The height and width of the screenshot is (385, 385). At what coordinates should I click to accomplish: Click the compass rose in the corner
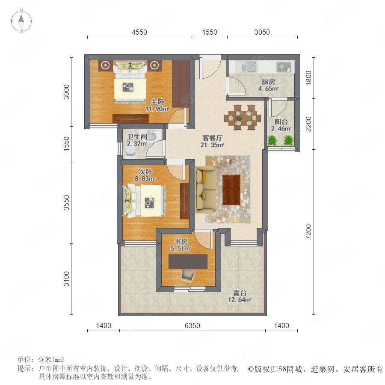point(21,21)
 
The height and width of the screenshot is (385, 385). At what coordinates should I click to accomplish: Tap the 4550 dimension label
point(139,32)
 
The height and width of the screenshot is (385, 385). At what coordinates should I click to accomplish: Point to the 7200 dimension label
point(308,231)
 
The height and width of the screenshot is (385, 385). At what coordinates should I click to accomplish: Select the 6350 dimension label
point(192,326)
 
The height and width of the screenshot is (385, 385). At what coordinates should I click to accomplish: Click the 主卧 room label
point(157,102)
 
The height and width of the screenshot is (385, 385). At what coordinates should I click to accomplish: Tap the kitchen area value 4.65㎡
point(268,89)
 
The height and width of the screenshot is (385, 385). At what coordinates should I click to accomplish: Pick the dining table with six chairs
point(240,117)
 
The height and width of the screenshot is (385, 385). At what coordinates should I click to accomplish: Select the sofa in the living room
point(205,190)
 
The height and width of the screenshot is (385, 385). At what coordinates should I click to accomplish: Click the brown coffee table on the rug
point(231,190)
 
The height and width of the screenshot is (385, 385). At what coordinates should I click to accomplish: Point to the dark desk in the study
point(188,261)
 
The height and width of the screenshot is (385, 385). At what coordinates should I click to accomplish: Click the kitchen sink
point(249,67)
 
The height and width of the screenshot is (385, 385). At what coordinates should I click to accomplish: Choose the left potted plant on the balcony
point(272,141)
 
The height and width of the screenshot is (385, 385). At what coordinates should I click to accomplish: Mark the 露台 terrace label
point(240,293)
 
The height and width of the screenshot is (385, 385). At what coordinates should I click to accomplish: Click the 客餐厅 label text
point(212,138)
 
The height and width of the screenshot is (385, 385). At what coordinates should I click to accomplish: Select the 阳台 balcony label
point(281,121)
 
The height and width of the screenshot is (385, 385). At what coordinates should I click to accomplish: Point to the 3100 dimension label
point(66,278)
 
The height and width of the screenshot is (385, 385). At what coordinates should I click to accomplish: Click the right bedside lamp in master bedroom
point(154,65)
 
